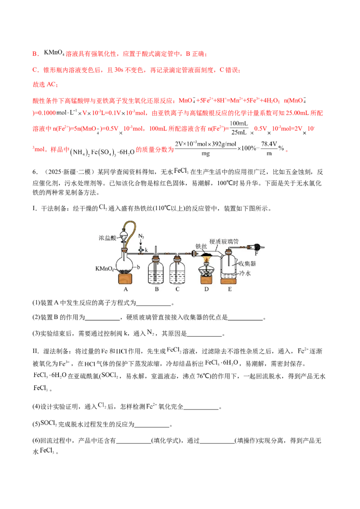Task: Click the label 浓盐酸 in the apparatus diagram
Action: pyautogui.click(x=108, y=238)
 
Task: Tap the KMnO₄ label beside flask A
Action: pyautogui.click(x=104, y=269)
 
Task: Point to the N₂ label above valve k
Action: pyautogui.click(x=141, y=237)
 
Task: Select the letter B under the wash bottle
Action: pyautogui.click(x=157, y=289)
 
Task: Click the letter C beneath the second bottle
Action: pyautogui.click(x=177, y=289)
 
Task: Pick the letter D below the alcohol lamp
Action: pyautogui.click(x=206, y=289)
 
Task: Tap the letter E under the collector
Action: pyautogui.click(x=229, y=289)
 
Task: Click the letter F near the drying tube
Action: pyautogui.click(x=256, y=253)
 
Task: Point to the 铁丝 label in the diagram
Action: pyautogui.click(x=201, y=246)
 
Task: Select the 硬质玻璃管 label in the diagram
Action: pyautogui.click(x=224, y=241)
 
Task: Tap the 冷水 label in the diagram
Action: pyautogui.click(x=245, y=273)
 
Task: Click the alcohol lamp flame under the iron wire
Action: pyautogui.click(x=206, y=259)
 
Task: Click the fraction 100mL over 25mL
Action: pyautogui.click(x=239, y=128)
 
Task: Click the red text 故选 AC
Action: pyautogui.click(x=45, y=85)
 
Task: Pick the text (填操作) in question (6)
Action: pyautogui.click(x=246, y=441)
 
